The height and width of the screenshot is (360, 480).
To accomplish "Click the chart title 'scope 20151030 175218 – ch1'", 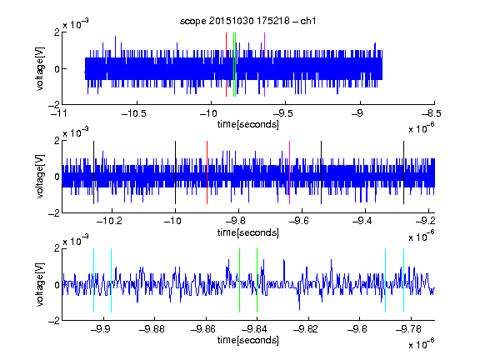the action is [247, 21].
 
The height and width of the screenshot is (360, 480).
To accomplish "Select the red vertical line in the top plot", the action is [226, 65].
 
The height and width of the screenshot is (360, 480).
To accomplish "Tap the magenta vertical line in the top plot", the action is [264, 65].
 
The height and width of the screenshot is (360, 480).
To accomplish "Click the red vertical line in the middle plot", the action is [207, 172].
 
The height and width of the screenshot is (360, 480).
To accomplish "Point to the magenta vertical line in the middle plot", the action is [290, 172].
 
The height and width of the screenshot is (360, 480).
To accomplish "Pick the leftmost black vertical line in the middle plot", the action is [93, 172].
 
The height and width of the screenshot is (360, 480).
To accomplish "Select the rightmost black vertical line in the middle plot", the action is [404, 172].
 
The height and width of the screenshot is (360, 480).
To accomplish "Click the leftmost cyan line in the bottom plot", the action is [93, 280].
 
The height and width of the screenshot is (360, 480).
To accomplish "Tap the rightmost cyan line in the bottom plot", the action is [404, 280].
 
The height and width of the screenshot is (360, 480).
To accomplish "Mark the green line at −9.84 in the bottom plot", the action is [257, 280].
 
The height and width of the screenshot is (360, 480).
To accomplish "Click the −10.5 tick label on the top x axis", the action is [134, 113].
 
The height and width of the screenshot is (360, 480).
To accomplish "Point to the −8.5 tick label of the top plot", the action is [431, 113].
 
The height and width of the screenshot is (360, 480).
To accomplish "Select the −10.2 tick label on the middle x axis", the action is [109, 221].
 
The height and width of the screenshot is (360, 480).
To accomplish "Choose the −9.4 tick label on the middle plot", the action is [362, 221].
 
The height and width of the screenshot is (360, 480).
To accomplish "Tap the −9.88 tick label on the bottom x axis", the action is [152, 329].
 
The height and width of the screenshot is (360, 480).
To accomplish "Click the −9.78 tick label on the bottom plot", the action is [408, 329].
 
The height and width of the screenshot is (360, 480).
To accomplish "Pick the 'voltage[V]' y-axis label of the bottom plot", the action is [40, 284].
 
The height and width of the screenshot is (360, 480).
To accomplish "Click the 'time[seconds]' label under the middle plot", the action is [248, 232].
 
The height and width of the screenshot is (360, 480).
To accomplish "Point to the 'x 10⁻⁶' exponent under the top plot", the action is [422, 127].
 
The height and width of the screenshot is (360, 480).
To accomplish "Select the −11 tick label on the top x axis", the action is [58, 113].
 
